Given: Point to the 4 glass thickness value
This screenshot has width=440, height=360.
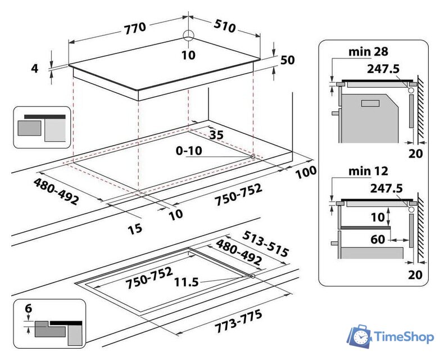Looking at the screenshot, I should [35, 68].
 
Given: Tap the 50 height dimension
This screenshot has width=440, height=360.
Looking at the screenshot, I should [287, 60].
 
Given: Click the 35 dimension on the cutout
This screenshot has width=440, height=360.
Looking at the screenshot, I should [216, 134].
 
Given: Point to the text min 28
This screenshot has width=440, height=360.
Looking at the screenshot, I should [352, 52].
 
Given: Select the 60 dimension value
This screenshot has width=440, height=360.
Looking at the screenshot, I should [378, 240].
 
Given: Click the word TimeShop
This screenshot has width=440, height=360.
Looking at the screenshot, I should [405, 337].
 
